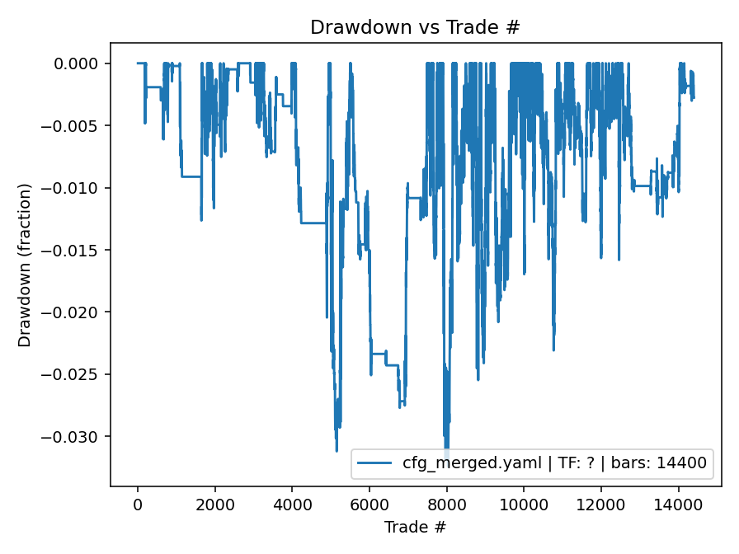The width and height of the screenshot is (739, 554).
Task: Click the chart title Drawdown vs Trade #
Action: [415, 27]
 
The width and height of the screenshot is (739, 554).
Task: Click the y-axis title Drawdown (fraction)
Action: [25, 265]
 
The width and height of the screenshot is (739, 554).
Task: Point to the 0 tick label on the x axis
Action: [138, 504]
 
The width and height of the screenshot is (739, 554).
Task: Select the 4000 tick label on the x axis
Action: [292, 504]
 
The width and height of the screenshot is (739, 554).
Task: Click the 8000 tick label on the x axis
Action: [447, 504]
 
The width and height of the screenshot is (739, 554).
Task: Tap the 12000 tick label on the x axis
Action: [601, 504]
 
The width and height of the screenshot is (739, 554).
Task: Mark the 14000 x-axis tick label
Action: [678, 504]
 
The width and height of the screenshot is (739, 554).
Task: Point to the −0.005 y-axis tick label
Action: [75, 126]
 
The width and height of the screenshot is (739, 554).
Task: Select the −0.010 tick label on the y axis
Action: [75, 188]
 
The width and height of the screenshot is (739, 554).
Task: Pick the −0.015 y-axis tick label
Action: [75, 251]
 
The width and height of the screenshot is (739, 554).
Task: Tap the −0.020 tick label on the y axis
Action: [75, 312]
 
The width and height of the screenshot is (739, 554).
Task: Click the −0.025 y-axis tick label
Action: [75, 375]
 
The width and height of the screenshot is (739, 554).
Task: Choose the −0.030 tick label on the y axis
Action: [75, 437]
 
